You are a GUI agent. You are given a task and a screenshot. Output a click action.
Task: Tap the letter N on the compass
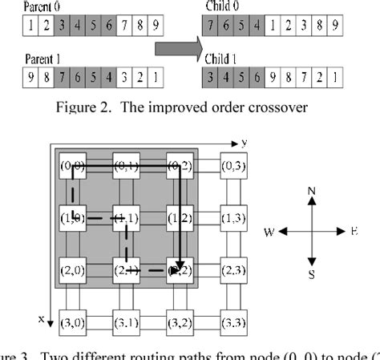point(312,192)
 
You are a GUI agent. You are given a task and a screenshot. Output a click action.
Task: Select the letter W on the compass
point(270,231)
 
